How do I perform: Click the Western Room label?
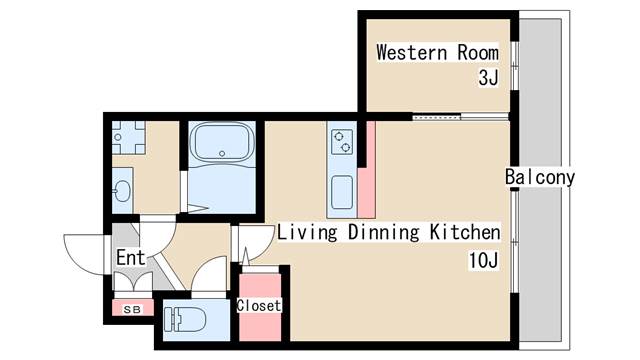tap(437, 53)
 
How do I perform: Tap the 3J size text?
tap(489, 78)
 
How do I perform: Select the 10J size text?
tap(483, 260)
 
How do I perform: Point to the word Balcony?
tap(540, 177)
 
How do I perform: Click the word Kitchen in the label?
tap(465, 232)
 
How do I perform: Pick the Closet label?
tap(259, 305)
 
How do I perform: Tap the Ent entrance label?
tap(131, 258)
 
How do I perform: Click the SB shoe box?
tap(133, 307)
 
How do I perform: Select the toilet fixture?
tap(185, 319)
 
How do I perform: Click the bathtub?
tap(222, 142)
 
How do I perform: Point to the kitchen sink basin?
tap(342, 192)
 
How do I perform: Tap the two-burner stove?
tap(342, 141)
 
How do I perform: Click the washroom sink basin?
tap(122, 191)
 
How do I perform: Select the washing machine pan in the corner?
tap(129, 137)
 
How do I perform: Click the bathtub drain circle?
tap(222, 154)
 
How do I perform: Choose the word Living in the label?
tap(307, 233)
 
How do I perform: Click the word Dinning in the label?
tap(384, 233)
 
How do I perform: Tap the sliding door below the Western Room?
tap(460, 118)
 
